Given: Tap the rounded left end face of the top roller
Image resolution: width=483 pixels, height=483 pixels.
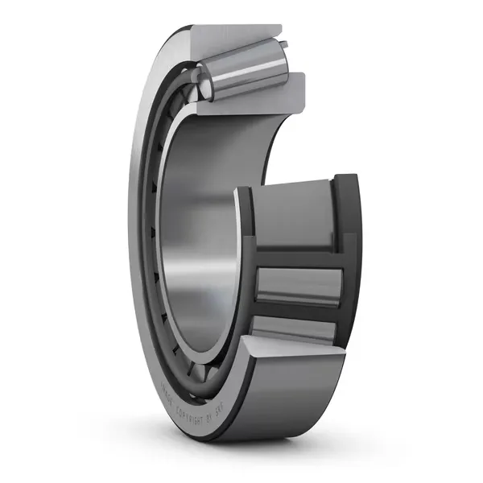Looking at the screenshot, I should click(204, 80).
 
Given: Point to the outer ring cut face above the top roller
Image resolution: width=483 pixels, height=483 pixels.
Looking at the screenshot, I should click(233, 35).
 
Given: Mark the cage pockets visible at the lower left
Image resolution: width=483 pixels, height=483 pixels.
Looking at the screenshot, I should click(165, 322).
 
